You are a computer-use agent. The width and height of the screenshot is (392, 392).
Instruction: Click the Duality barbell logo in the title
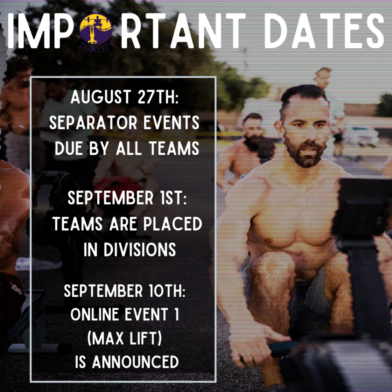(96, 31)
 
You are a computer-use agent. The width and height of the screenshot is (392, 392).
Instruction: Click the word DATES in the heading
(324, 31)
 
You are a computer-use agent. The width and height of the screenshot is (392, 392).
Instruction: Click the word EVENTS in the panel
(171, 122)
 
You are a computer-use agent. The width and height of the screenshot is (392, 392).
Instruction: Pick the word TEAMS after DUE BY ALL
(174, 148)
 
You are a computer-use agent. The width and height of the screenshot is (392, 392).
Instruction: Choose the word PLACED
(173, 224)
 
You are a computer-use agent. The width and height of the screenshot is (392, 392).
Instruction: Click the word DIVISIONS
(140, 250)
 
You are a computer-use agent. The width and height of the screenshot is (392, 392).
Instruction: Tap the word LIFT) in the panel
(146, 338)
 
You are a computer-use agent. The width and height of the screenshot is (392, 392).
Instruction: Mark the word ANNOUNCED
(136, 362)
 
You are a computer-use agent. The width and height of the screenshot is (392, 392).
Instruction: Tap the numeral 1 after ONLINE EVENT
(176, 314)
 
